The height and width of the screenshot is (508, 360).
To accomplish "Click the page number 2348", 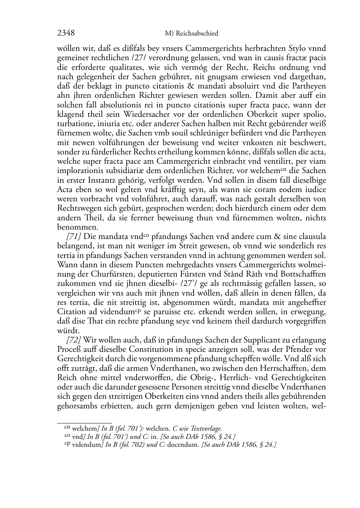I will point(66,33).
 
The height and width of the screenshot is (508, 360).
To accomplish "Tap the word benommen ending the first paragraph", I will point(73,227).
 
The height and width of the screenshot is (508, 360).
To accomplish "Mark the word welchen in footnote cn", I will point(162,428).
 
